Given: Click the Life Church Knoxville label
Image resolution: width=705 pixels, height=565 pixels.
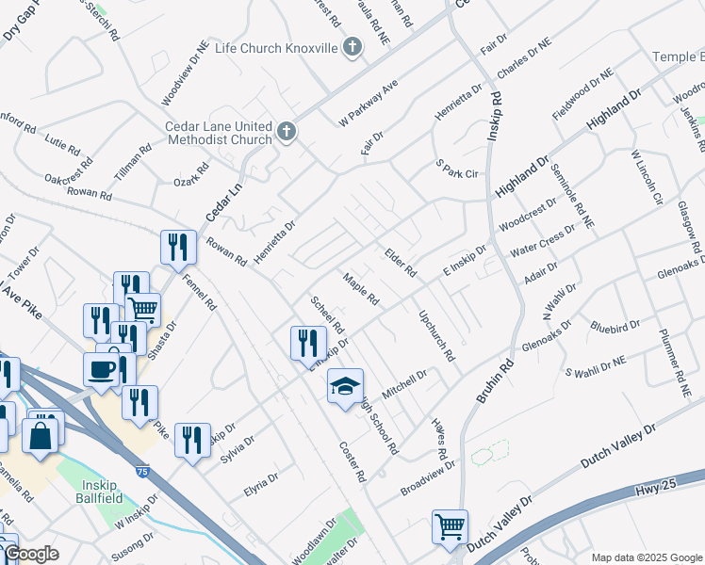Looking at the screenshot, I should tap(275, 48).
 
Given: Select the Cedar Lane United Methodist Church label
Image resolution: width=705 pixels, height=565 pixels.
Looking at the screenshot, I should tap(218, 134).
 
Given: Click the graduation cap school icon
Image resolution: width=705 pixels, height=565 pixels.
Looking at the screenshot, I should tap(345, 385).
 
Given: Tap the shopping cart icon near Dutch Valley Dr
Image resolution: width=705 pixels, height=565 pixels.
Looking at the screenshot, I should tap(450, 526).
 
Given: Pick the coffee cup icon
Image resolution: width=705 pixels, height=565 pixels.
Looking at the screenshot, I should tap(101, 369).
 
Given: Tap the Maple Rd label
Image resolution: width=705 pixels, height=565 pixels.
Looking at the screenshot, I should tap(361, 290).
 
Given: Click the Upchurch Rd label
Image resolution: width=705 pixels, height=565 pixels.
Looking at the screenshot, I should tap(436, 337).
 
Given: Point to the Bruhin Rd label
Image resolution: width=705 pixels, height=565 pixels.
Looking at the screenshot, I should tap(492, 380).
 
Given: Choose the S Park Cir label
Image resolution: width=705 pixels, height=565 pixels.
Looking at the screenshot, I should tap(457, 170).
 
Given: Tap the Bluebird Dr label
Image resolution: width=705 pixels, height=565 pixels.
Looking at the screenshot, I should tap(615, 329).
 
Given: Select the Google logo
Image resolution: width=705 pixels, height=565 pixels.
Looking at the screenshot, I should tap(30, 555).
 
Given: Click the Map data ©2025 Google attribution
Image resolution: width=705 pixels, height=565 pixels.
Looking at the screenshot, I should tap(646, 557).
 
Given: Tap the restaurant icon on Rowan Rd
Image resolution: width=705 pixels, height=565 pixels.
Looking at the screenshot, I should tap(178, 248).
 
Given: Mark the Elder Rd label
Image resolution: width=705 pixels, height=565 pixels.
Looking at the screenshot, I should tap(401, 263).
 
